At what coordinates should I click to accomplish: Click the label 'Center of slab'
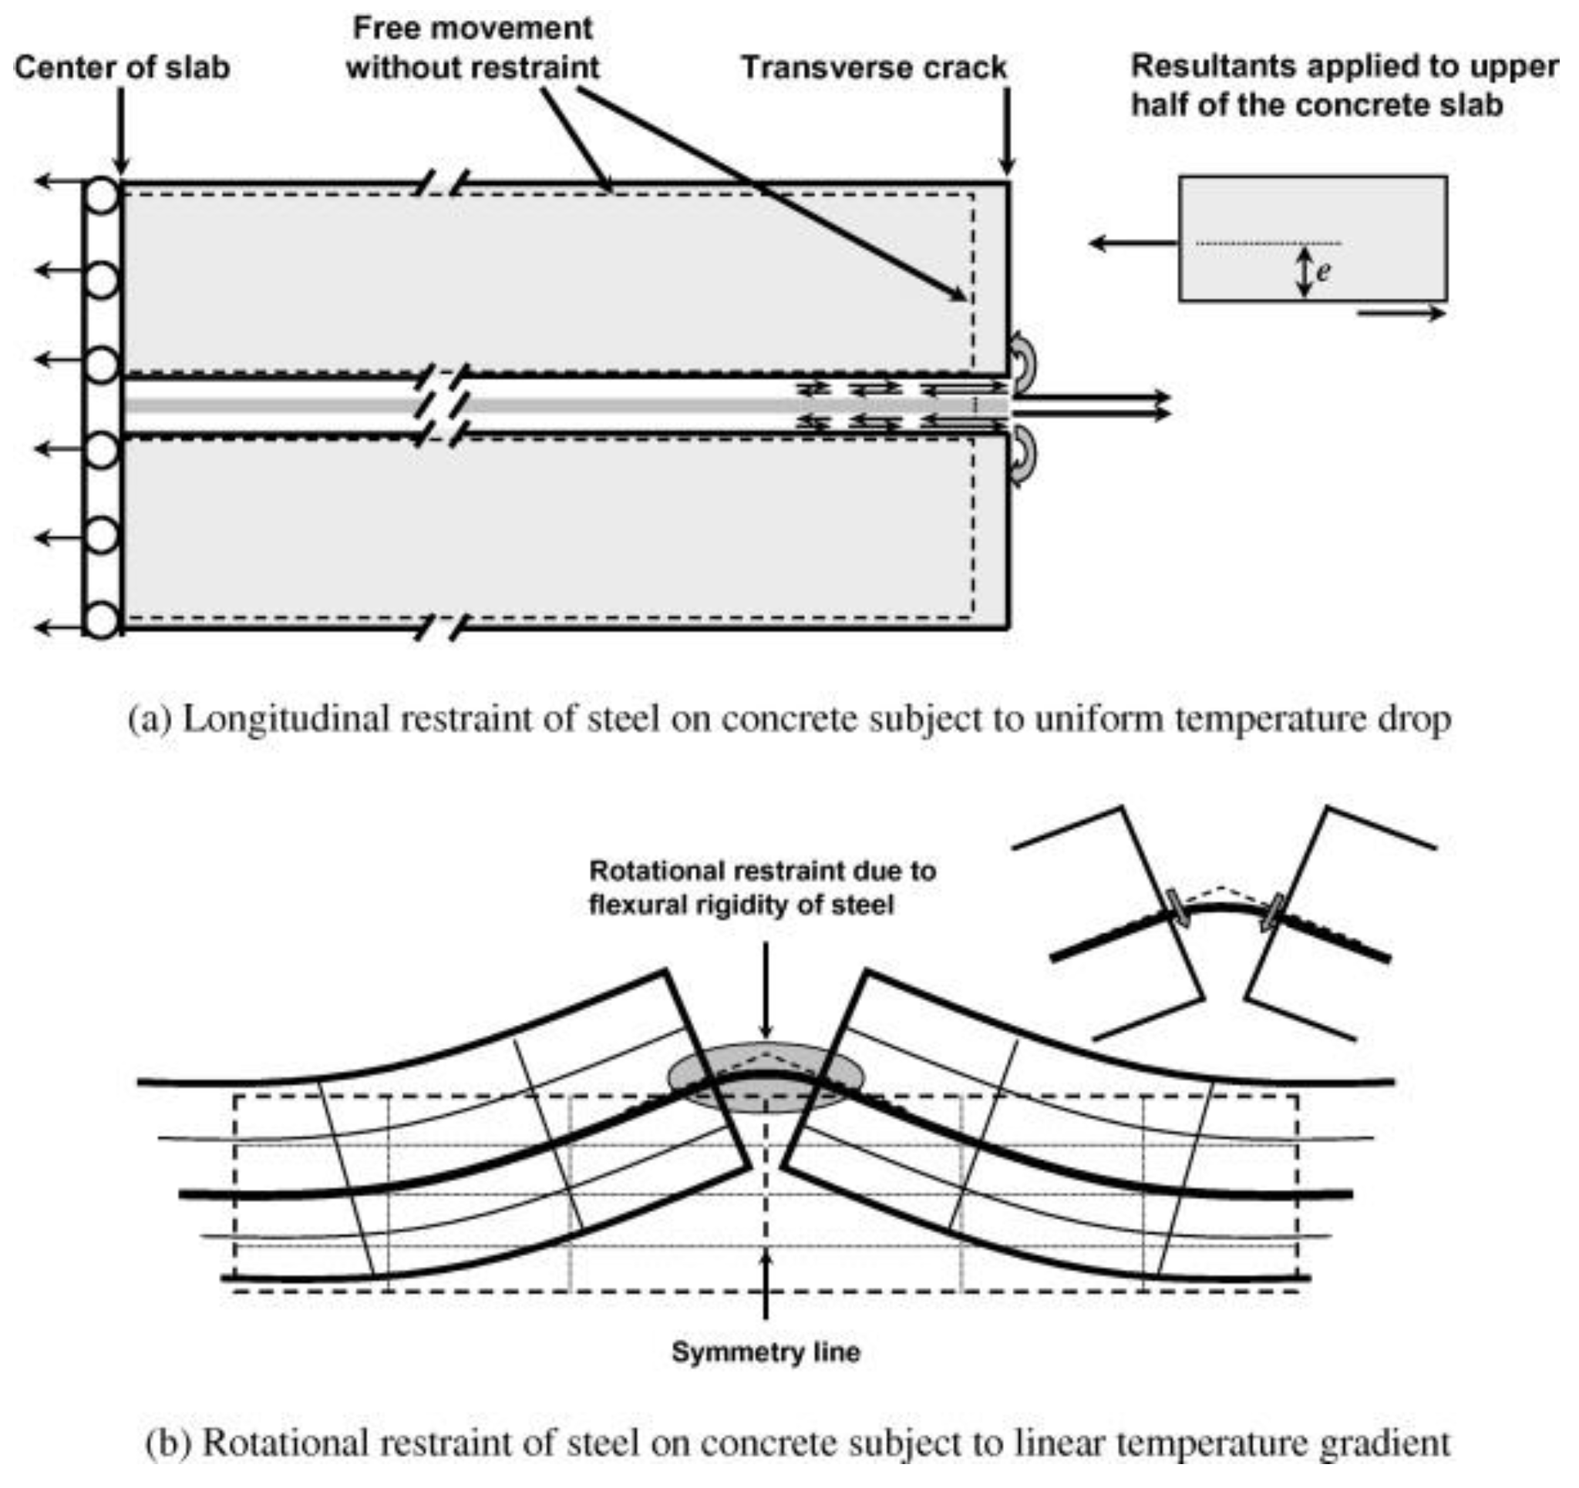122,68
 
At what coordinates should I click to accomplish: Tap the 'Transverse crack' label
874,68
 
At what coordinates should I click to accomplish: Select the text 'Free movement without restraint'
473,48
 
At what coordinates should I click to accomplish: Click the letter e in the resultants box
1322,272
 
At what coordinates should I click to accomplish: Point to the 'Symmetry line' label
766,1352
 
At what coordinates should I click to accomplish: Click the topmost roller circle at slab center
102,195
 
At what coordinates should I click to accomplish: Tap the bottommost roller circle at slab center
102,620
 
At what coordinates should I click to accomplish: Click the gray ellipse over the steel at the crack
766,1077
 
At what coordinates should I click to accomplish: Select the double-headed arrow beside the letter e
1304,272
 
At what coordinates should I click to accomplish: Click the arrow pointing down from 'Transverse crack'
1007,131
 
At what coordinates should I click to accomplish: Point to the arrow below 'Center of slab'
121,131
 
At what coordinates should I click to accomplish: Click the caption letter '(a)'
150,720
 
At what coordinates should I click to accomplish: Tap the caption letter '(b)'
167,1441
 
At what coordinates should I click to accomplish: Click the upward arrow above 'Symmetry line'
766,1286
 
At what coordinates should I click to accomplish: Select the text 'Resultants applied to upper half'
1342,85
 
